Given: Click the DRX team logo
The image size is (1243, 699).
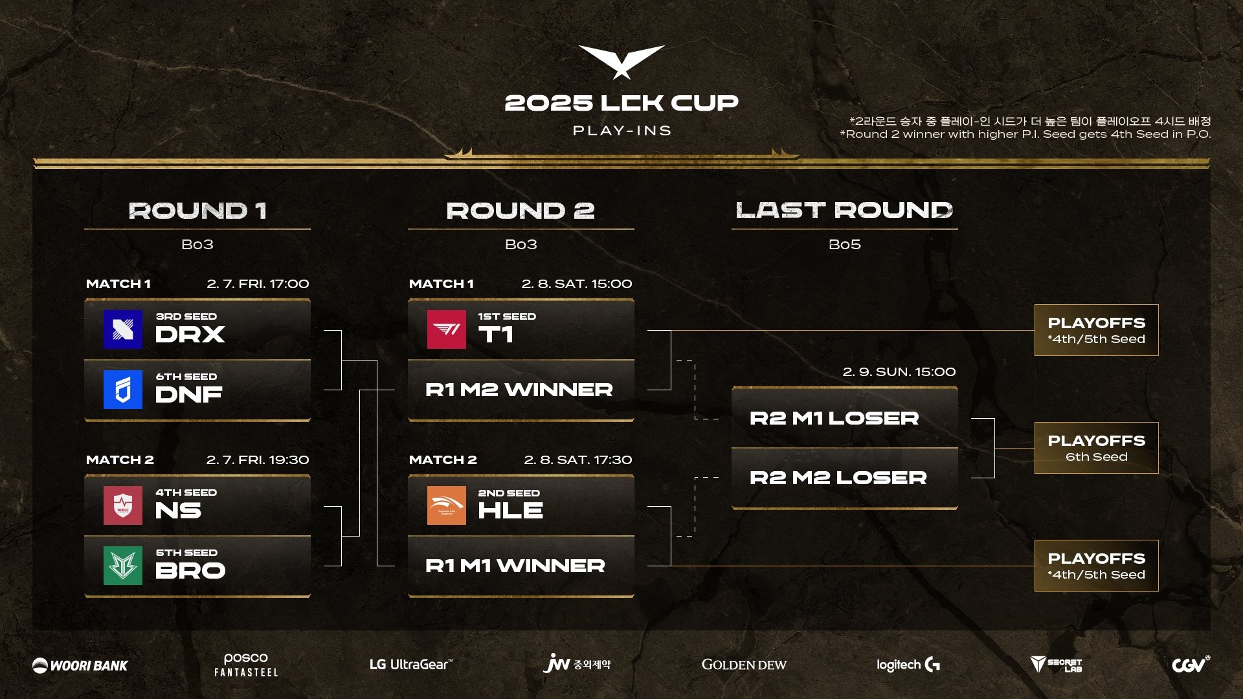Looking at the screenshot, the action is pyautogui.click(x=123, y=329).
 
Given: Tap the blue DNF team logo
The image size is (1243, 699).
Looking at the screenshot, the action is pyautogui.click(x=123, y=390).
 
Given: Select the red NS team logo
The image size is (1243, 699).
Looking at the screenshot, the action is pyautogui.click(x=123, y=505).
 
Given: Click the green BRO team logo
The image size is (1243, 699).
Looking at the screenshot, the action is pyautogui.click(x=123, y=566).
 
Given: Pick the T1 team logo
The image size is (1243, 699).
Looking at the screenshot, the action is pyautogui.click(x=447, y=329).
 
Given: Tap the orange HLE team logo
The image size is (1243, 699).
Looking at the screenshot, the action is pyautogui.click(x=447, y=505).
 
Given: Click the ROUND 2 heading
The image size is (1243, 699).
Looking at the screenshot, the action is pyautogui.click(x=521, y=210).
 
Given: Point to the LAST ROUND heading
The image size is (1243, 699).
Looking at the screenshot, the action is pyautogui.click(x=844, y=210).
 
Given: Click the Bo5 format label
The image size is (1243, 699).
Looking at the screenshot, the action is pyautogui.click(x=845, y=245).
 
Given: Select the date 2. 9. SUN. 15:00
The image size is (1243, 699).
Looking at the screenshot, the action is pyautogui.click(x=899, y=372).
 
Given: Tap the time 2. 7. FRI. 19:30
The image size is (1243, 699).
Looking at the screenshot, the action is pyautogui.click(x=258, y=460).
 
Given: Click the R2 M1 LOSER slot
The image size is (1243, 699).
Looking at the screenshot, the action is pyautogui.click(x=845, y=418).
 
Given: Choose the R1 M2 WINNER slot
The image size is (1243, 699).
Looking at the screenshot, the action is pyautogui.click(x=521, y=390).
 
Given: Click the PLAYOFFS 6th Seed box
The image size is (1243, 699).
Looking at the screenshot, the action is pyautogui.click(x=1097, y=448).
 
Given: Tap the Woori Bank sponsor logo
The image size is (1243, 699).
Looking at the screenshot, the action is pyautogui.click(x=80, y=665).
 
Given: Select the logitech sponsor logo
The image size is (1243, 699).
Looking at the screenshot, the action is pyautogui.click(x=908, y=665).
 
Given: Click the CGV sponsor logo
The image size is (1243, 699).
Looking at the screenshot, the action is pyautogui.click(x=1191, y=664).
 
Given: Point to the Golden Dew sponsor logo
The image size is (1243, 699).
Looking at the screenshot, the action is pyautogui.click(x=744, y=665).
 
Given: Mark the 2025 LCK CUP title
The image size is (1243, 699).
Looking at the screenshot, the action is pyautogui.click(x=621, y=103).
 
